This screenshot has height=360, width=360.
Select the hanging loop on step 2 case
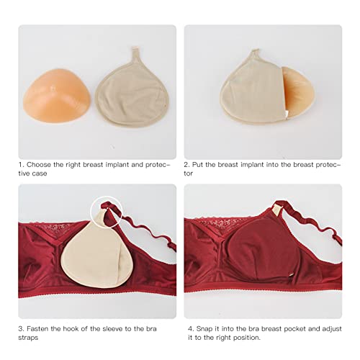tap(255, 53)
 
